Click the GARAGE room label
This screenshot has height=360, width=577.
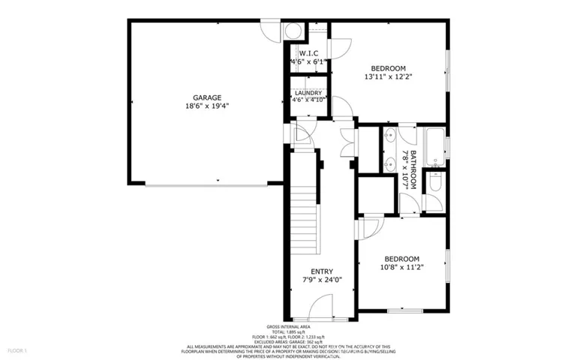[206, 97]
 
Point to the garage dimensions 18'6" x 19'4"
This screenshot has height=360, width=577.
[206, 106]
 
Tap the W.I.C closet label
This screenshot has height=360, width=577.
[309, 53]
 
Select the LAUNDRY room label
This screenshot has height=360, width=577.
[308, 93]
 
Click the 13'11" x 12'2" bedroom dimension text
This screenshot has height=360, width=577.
[389, 76]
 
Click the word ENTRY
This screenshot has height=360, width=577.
[323, 271]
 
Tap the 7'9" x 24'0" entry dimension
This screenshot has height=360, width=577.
[323, 280]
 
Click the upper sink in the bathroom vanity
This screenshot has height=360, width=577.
[389, 138]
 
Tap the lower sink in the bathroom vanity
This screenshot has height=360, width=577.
[389, 163]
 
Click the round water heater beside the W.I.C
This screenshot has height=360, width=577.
[293, 31]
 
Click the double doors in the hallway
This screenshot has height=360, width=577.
[348, 141]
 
